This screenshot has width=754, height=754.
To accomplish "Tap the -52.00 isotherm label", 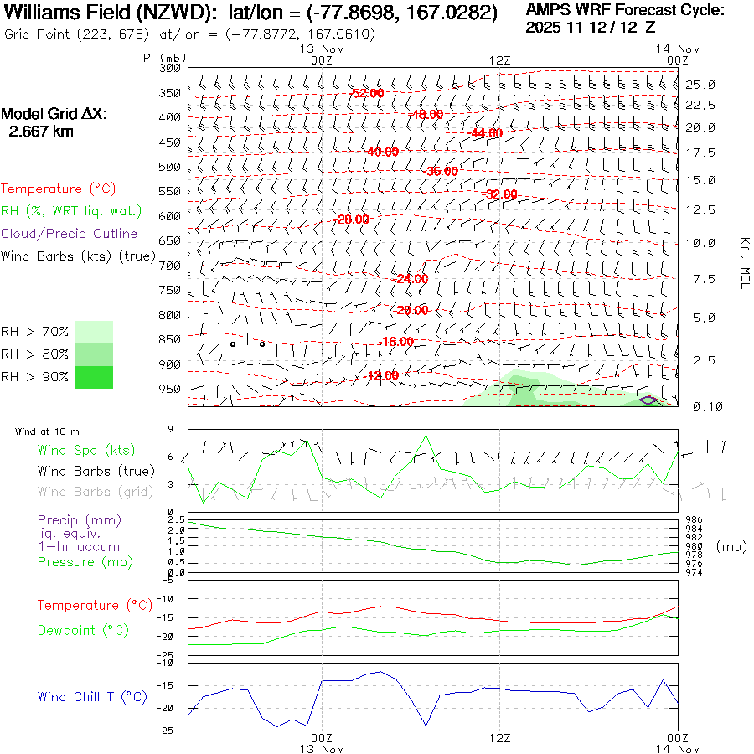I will point(367,93).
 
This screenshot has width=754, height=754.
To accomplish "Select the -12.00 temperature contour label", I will point(382,375).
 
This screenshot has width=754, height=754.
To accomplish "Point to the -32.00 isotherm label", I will point(501,194).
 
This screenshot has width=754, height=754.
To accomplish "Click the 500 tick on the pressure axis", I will point(170,167).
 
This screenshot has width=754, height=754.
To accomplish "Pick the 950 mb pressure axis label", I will point(170,389).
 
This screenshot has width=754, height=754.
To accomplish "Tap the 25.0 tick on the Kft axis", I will point(700,85).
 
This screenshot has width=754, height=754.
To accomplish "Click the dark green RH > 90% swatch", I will point(93,377).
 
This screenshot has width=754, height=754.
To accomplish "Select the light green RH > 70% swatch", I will point(93,332).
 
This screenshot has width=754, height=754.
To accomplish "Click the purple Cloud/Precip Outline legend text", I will point(70,234).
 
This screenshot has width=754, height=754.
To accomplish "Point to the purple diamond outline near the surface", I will point(648,400).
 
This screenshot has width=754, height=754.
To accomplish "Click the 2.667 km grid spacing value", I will point(40,132).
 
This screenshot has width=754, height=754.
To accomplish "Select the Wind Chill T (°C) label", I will point(92,696).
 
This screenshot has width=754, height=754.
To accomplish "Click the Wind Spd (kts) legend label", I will point(85,451).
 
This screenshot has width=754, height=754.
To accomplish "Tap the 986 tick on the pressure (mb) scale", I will point(695,520).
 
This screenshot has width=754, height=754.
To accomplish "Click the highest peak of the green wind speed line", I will point(426,436).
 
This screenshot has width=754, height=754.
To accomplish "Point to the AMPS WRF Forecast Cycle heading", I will point(625,10).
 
